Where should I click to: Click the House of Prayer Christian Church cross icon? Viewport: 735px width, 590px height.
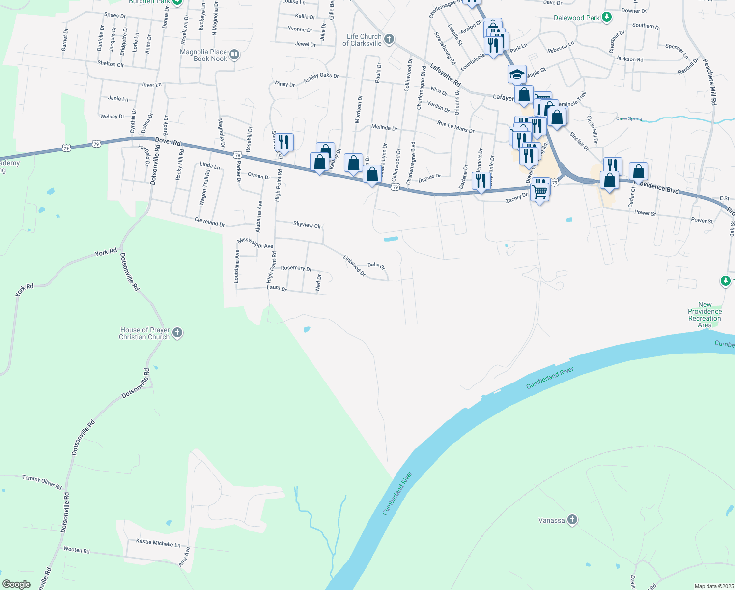(177, 333)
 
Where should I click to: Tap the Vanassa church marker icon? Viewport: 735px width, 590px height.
(572, 520)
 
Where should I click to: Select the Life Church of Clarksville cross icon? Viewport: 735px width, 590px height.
(389, 39)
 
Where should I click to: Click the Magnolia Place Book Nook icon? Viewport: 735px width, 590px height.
(234, 55)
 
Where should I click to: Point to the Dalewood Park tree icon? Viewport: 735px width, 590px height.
(607, 17)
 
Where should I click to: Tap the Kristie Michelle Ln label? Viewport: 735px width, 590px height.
(158, 543)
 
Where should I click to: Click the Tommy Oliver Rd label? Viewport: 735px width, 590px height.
(42, 482)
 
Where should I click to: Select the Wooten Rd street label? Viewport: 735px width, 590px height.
(77, 550)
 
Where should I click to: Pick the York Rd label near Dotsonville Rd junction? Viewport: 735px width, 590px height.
(106, 252)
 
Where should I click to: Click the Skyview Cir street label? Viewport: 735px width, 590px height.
(307, 225)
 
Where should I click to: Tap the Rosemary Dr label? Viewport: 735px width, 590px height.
(296, 268)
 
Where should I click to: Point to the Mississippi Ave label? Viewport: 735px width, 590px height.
(255, 243)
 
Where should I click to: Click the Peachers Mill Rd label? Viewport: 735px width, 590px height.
(710, 82)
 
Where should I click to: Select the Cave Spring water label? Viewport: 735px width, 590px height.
(629, 118)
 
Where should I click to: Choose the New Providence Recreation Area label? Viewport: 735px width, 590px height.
(705, 315)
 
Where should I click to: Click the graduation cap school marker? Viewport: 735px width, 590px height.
(517, 74)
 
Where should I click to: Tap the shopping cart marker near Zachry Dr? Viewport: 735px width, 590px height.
(539, 191)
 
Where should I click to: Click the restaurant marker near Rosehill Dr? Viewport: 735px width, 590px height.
(284, 142)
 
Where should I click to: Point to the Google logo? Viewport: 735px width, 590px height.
(17, 584)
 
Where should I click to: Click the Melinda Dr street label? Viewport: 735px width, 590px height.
(384, 127)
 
